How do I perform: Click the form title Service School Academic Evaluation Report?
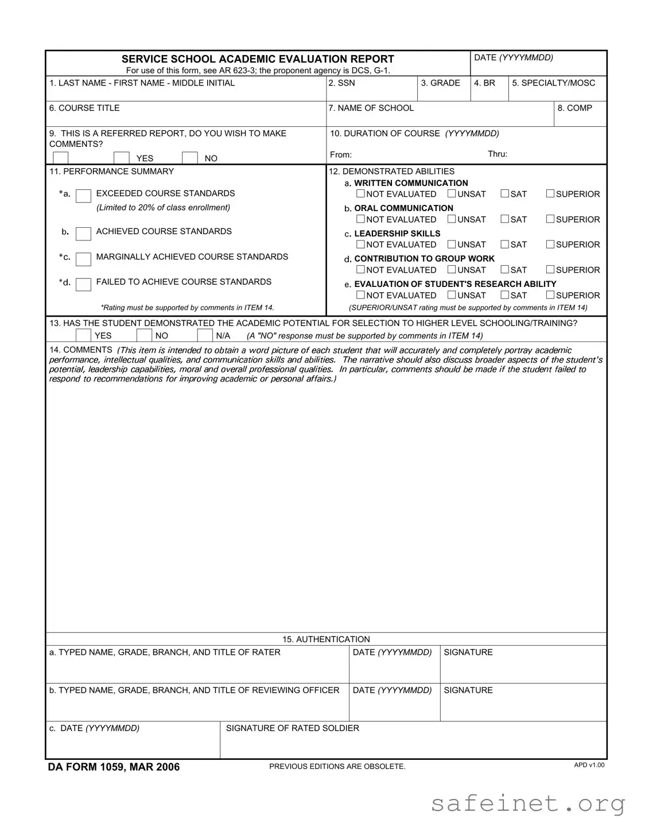coord(258,59)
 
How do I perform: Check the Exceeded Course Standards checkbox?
coord(83,196)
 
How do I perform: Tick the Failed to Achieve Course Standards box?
coord(83,284)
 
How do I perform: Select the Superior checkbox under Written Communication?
coord(550,194)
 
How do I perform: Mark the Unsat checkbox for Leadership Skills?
coord(452,244)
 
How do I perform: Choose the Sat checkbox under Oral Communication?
coord(504,219)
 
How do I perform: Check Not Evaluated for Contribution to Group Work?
coord(360,270)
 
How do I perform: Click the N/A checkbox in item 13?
coord(205,335)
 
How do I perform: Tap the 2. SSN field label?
coord(341,83)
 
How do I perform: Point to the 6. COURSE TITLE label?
coord(84,108)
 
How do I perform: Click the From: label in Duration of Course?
coord(341,155)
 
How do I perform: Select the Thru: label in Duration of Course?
coord(498,154)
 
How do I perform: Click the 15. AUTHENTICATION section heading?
coord(326,639)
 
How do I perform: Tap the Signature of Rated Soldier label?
coord(292,728)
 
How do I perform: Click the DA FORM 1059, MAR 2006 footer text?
coord(114,767)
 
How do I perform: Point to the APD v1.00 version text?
coord(589,765)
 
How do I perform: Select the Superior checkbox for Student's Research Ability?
coord(550,295)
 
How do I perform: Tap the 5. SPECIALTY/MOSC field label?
coord(553,83)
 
